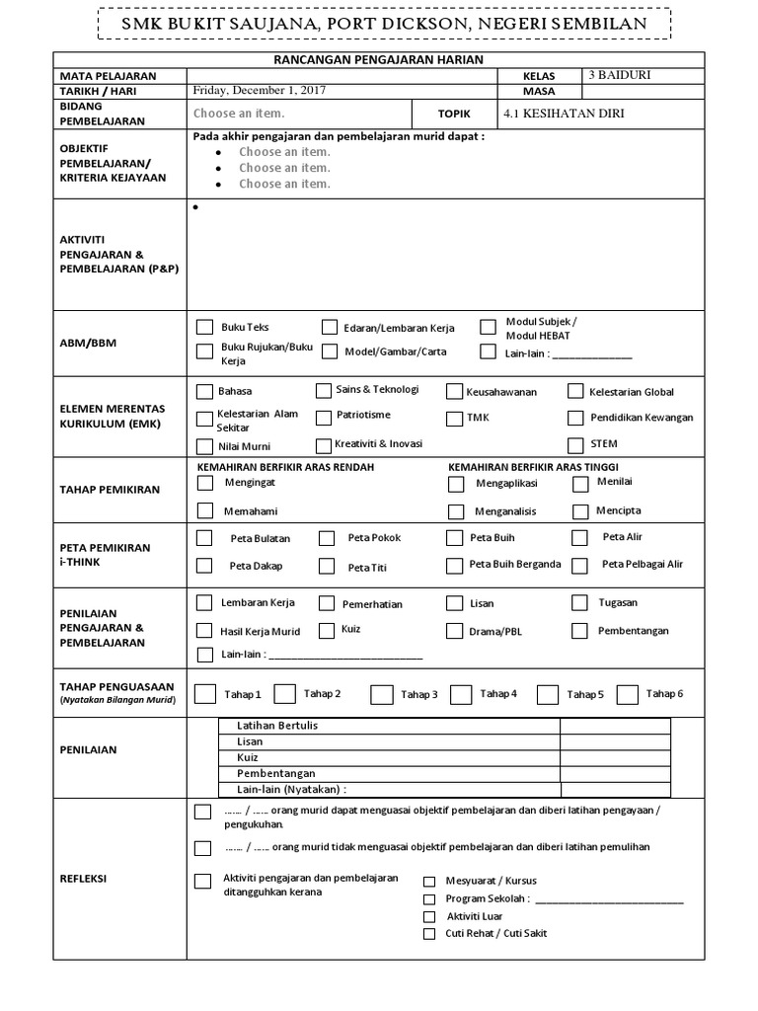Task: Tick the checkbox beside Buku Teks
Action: pos(204,327)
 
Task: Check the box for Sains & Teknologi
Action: pos(324,390)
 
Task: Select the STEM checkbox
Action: pos(575,444)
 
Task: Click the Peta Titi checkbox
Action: pos(327,566)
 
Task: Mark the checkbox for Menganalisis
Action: pos(455,511)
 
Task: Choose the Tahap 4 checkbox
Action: pos(460,694)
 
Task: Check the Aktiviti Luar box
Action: pos(429,916)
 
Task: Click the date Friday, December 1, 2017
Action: pos(261,90)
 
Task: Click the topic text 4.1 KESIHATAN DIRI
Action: pos(564,114)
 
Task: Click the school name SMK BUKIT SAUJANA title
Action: pos(378,23)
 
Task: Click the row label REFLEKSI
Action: pos(85,879)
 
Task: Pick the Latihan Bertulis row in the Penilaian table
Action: pos(277,726)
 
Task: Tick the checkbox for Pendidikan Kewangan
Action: pos(575,418)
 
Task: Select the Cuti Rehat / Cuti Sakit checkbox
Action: pos(429,933)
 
